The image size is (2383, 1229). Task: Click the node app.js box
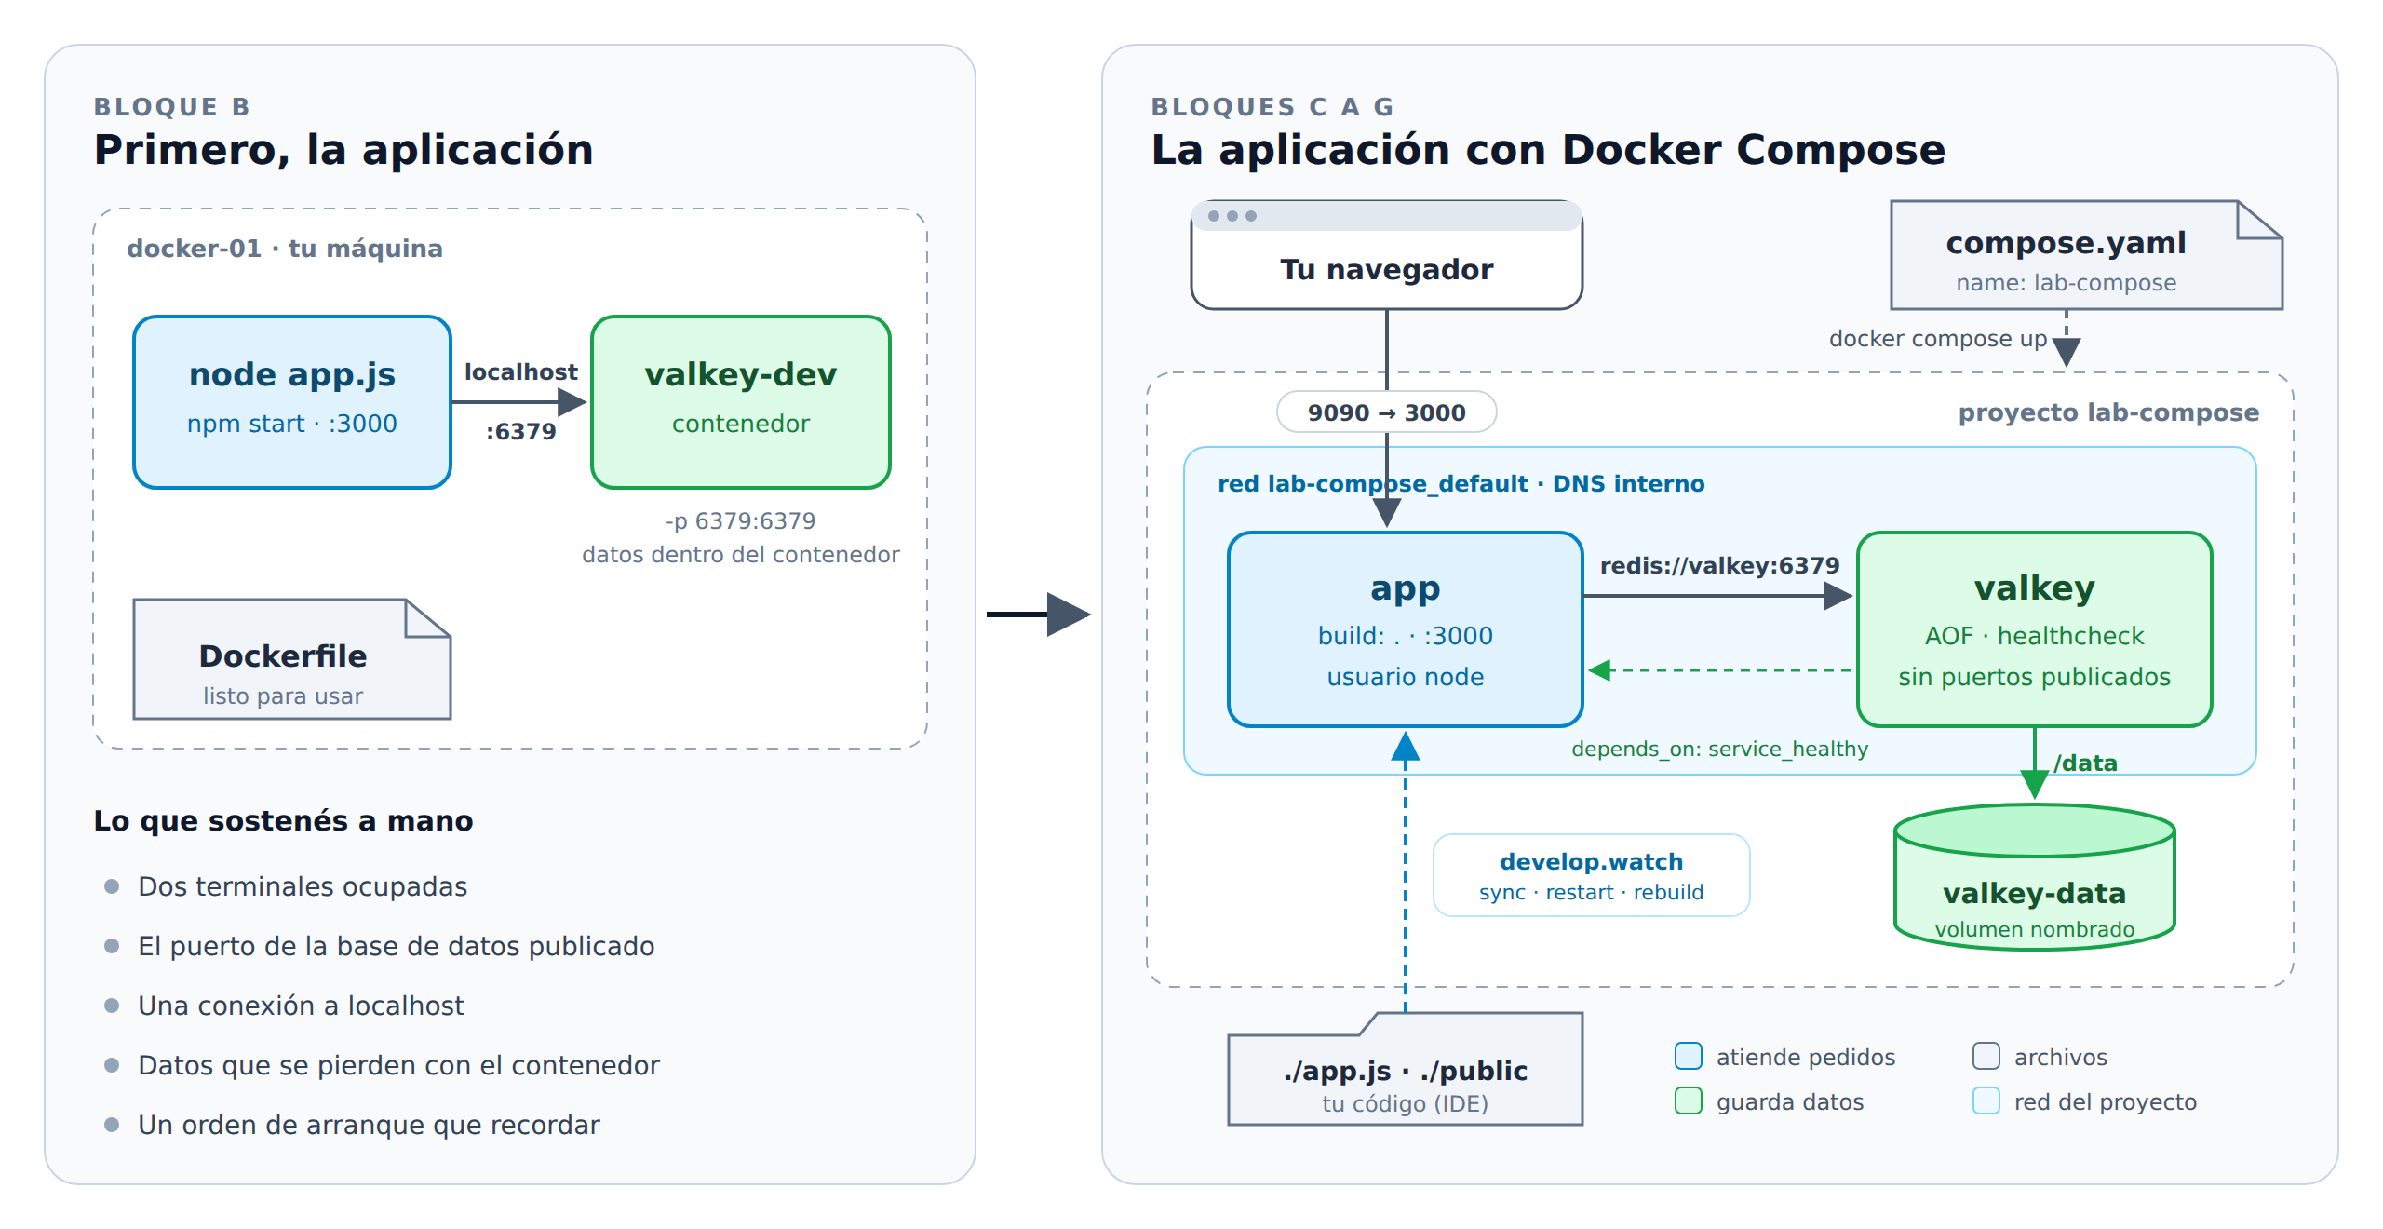click(x=292, y=402)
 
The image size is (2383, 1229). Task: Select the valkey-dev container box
click(x=741, y=402)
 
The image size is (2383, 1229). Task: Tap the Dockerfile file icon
click(x=292, y=659)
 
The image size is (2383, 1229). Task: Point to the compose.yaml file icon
click(x=2086, y=255)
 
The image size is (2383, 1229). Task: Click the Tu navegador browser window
click(x=1387, y=255)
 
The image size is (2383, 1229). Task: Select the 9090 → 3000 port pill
click(x=1387, y=412)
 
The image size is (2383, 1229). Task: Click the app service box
click(x=1406, y=629)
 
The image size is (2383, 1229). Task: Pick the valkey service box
click(x=2035, y=629)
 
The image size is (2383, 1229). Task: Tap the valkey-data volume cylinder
click(x=2035, y=877)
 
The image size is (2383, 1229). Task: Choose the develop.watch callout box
click(x=1592, y=875)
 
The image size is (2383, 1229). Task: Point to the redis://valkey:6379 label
click(x=1720, y=565)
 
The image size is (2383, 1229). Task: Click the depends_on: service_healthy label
click(x=1720, y=749)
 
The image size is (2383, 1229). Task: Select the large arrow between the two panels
click(x=1039, y=614)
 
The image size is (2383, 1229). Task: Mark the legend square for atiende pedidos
click(x=1689, y=1056)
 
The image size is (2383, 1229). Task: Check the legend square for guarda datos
click(x=1689, y=1101)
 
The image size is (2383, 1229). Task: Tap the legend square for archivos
click(x=1986, y=1056)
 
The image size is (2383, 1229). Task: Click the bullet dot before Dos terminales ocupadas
click(x=112, y=885)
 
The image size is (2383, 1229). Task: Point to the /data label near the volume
click(x=2086, y=763)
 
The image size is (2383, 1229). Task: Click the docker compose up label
click(x=1938, y=338)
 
